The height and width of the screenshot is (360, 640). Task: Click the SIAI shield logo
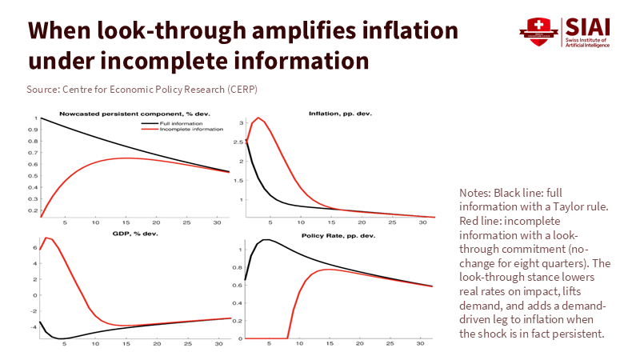click(537, 31)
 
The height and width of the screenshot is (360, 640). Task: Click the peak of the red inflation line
click(258, 118)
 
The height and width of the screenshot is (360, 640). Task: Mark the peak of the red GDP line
click(46, 238)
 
